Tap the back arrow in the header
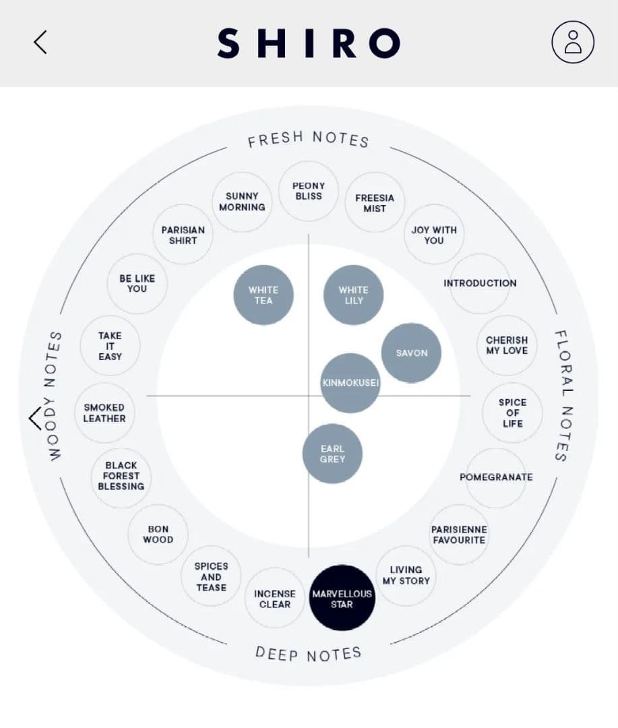click(x=40, y=42)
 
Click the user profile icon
click(x=572, y=42)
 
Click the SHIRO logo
click(x=309, y=42)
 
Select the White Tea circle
click(x=264, y=295)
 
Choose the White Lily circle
click(x=353, y=295)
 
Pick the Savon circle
click(x=411, y=353)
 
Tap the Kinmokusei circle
click(x=350, y=383)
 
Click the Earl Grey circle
click(x=332, y=454)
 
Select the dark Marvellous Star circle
click(x=342, y=598)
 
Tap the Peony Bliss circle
click(x=308, y=191)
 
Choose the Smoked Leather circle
click(x=104, y=413)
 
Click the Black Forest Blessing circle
click(x=121, y=476)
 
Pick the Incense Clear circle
click(x=275, y=599)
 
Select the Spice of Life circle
click(x=513, y=413)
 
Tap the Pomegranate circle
click(x=496, y=477)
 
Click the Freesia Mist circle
click(x=375, y=203)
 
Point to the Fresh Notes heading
click(x=308, y=140)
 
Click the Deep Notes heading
click(x=308, y=653)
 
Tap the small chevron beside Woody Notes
click(x=35, y=419)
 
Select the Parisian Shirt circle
click(x=183, y=235)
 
